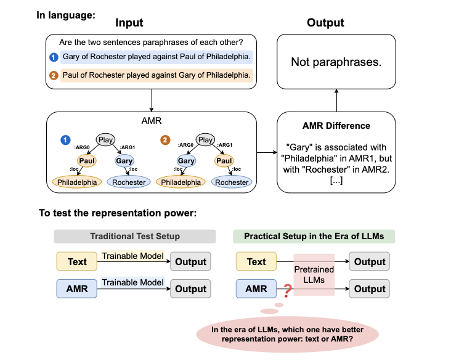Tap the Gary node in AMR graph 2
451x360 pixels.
[186, 161]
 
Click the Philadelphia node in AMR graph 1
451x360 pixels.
[78, 182]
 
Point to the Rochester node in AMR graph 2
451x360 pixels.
[232, 182]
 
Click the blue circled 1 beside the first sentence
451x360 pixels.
[54, 57]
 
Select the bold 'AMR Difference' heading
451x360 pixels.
[336, 126]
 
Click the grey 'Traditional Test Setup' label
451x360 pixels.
[134, 236]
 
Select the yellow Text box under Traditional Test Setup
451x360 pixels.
[77, 261]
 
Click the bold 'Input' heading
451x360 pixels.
[129, 23]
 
